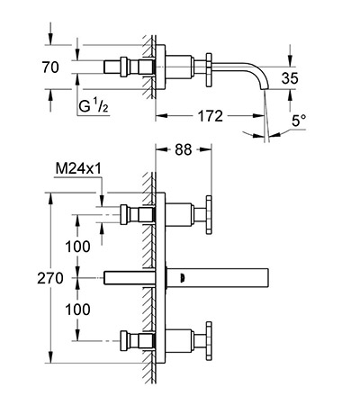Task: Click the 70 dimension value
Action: coord(50,67)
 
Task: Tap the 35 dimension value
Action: coord(290,78)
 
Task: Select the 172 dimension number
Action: coord(211,116)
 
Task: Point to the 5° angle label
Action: coord(299,121)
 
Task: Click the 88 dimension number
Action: coord(183,149)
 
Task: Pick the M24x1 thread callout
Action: coord(78,169)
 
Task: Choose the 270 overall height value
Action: coord(50,278)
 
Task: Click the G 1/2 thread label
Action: coord(94,105)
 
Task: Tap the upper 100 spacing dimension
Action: coord(77,247)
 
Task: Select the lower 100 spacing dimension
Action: coord(77,310)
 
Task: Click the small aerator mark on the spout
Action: coord(182,278)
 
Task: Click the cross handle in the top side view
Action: coord(209,70)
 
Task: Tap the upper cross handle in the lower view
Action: coord(209,215)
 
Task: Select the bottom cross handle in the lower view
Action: coord(209,341)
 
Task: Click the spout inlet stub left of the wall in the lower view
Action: coord(129,278)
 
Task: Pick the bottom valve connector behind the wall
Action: coord(137,341)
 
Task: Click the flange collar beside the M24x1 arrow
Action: coord(124,214)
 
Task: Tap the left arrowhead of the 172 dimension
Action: coord(161,116)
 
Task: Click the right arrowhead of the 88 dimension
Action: coord(206,149)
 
